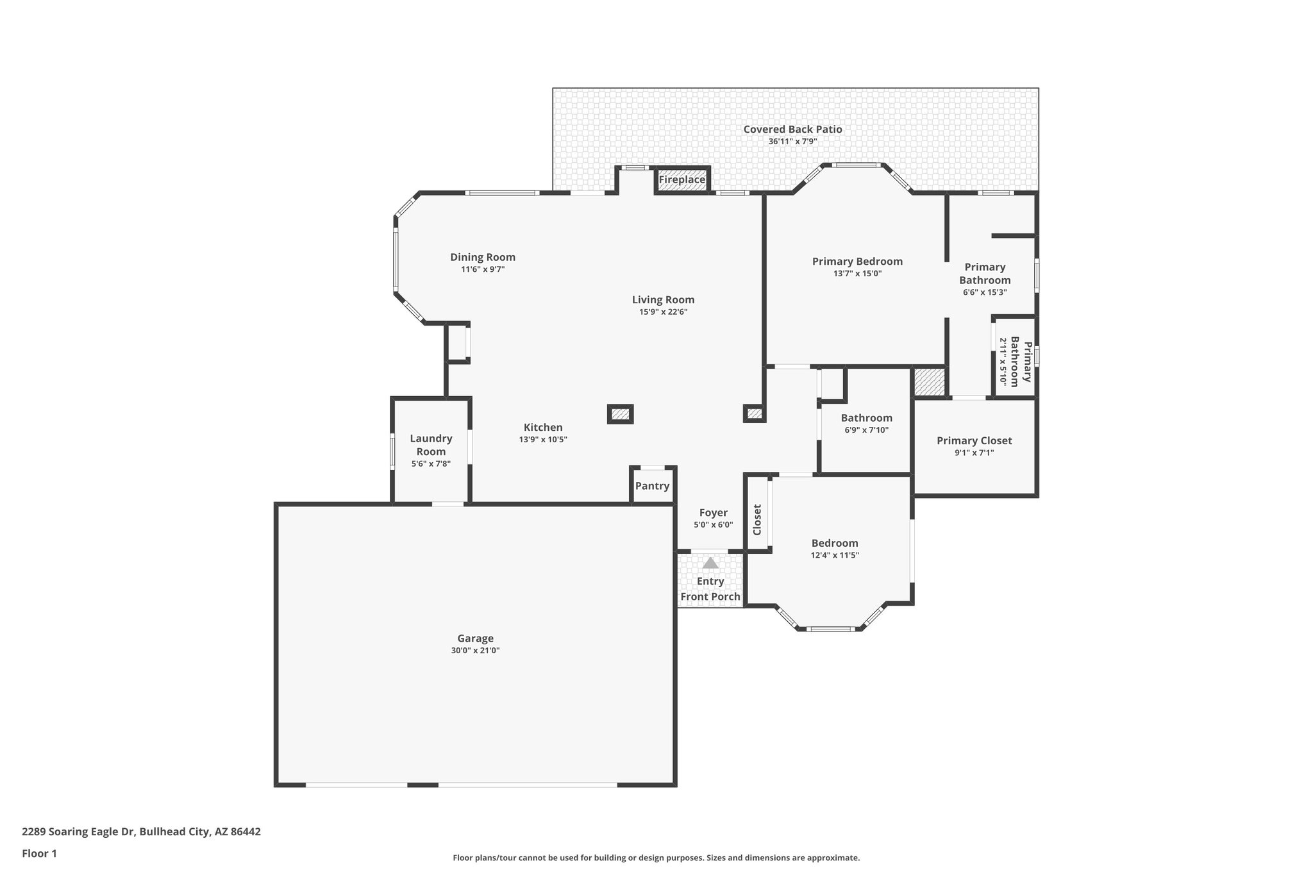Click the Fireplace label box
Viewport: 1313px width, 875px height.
682,180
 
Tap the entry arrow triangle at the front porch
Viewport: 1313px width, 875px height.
710,563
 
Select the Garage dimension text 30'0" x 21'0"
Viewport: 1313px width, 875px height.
475,650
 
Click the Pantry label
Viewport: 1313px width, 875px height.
652,486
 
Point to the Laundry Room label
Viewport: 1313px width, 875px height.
431,445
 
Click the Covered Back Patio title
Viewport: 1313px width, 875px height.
792,129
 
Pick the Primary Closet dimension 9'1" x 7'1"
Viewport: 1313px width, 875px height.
974,453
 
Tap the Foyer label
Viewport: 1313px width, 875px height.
713,513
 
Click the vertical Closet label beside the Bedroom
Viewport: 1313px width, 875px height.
757,519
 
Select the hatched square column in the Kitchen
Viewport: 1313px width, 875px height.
620,414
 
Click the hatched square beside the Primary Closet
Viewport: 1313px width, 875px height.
929,382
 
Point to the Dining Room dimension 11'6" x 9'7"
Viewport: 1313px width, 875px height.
483,269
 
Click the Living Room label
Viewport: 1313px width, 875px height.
663,300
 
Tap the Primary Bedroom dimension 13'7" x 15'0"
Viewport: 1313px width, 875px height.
857,273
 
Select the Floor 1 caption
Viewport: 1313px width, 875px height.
39,853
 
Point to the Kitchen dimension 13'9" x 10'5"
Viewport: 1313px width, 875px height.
543,440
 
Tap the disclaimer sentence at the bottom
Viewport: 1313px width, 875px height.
656,858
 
